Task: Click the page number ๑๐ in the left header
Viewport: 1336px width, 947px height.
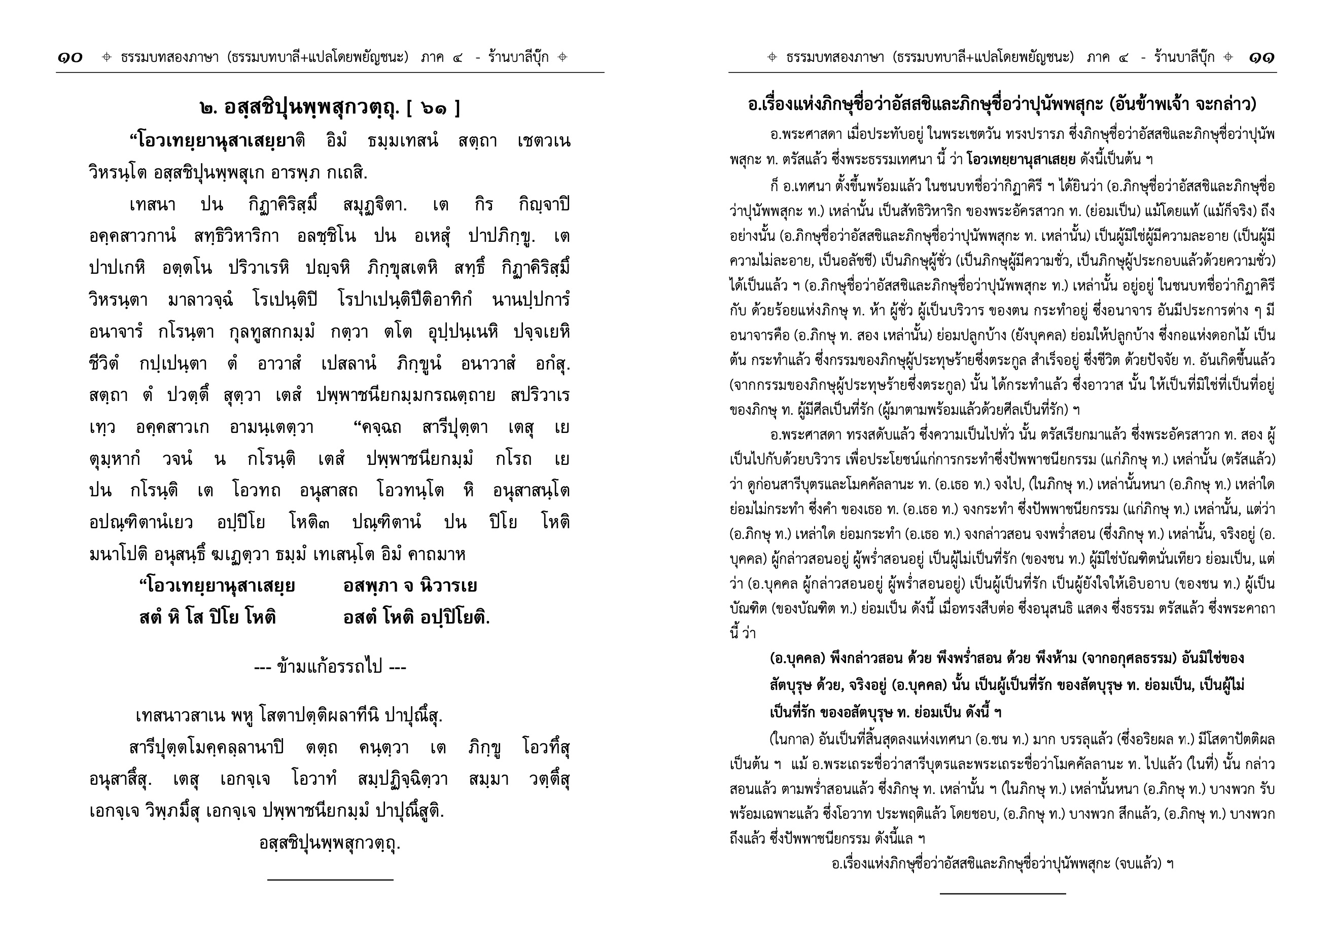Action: point(70,57)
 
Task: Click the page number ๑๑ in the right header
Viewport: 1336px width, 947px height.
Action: point(1261,57)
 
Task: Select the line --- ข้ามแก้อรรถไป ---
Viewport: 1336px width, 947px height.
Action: point(330,667)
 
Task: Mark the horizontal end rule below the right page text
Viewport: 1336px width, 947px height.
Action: point(1002,893)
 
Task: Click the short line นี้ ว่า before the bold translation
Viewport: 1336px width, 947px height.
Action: point(742,633)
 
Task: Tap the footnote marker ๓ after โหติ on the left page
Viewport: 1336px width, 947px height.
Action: point(325,523)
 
